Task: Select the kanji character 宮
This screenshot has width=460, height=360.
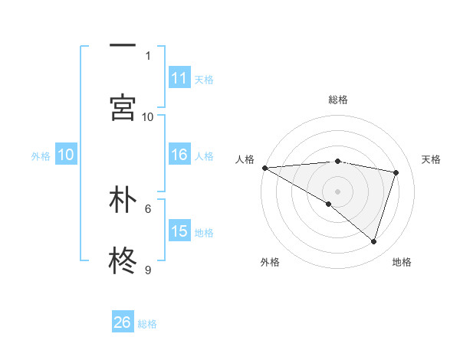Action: (123, 107)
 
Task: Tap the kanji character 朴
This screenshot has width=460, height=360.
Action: (123, 200)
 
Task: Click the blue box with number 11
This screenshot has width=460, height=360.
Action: (179, 78)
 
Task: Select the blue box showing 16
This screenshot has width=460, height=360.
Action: (179, 155)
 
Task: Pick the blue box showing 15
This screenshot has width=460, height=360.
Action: (179, 231)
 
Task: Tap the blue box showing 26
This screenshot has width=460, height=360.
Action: (123, 322)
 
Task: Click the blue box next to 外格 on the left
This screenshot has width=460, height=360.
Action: (66, 155)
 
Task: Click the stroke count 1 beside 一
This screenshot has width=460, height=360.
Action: (148, 55)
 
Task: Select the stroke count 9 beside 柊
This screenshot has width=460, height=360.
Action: (148, 270)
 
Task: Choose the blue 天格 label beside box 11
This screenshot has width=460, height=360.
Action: (204, 79)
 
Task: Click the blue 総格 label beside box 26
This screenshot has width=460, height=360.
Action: (147, 324)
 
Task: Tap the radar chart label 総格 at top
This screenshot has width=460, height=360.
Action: (337, 100)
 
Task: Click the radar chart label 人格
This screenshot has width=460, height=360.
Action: (245, 159)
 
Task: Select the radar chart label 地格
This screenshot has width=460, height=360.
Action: (402, 262)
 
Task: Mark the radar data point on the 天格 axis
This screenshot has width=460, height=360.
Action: (396, 172)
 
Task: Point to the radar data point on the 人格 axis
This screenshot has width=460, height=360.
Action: (264, 168)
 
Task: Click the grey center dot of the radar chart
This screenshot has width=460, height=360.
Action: (337, 191)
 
